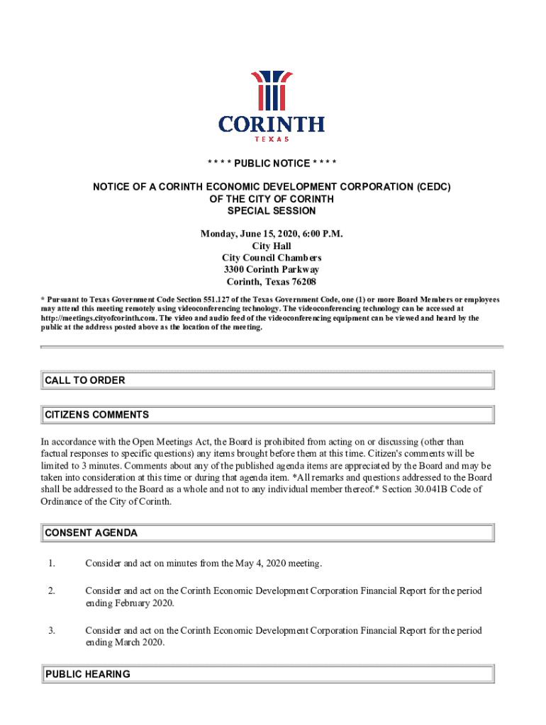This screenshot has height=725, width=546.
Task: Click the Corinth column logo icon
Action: point(272,91)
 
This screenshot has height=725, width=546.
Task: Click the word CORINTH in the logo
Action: point(272,125)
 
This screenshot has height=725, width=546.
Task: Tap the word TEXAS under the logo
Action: point(272,139)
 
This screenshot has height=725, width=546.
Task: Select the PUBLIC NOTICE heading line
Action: point(272,164)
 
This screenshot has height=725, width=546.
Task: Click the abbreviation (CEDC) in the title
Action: point(428,187)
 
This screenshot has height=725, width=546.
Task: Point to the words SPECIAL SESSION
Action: point(272,211)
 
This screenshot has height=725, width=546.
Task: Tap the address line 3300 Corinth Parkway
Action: point(272,270)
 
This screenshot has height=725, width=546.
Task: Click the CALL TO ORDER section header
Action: point(85,380)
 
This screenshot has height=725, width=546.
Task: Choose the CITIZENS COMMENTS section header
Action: point(97,414)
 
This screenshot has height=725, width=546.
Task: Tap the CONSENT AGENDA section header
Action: point(91,532)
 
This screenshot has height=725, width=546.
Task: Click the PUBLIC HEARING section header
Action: point(88,674)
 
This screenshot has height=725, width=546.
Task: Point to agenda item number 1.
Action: point(52,564)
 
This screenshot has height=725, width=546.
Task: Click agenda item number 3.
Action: point(52,630)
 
